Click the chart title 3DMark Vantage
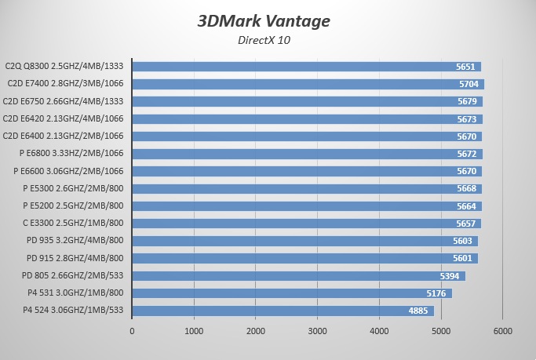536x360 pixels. (x=264, y=20)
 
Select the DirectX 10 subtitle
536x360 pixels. (x=264, y=41)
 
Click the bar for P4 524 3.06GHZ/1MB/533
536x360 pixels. (x=283, y=311)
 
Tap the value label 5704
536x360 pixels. (x=468, y=84)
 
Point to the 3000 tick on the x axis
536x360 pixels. (x=317, y=331)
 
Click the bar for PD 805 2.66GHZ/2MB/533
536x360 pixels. (x=298, y=275)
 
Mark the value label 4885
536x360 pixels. (x=418, y=311)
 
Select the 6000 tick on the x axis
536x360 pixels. (x=502, y=331)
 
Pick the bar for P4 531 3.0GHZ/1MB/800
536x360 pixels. (x=292, y=293)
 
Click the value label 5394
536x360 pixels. (x=450, y=275)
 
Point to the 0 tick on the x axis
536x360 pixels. (x=132, y=331)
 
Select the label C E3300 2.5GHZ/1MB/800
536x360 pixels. (x=73, y=224)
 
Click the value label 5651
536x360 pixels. (x=466, y=67)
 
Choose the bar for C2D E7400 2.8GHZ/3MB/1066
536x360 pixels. (x=308, y=84)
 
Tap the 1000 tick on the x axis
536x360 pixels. (x=194, y=331)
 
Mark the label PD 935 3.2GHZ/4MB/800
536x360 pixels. (x=75, y=241)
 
